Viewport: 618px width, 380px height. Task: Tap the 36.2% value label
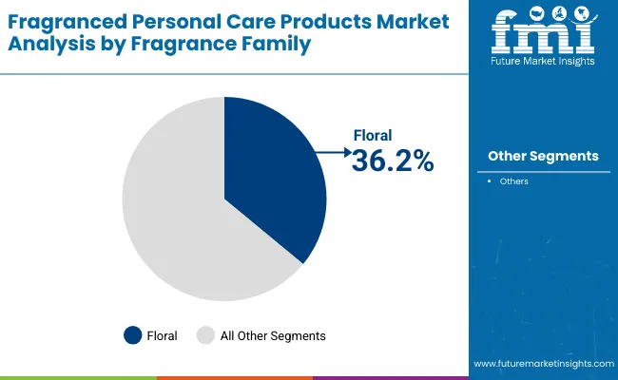[392, 161]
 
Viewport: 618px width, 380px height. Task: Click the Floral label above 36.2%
[372, 136]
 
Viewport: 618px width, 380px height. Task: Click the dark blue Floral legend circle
[133, 334]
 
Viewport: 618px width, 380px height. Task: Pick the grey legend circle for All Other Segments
[205, 334]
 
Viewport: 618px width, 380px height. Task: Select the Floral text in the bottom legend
[163, 335]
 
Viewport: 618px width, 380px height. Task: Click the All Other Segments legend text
[273, 335]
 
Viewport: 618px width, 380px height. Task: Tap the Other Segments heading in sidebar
[543, 156]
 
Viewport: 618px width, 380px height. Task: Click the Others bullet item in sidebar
[513, 180]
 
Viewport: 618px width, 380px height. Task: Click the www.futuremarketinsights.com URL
[543, 364]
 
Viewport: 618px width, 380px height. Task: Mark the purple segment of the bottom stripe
[390, 377]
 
